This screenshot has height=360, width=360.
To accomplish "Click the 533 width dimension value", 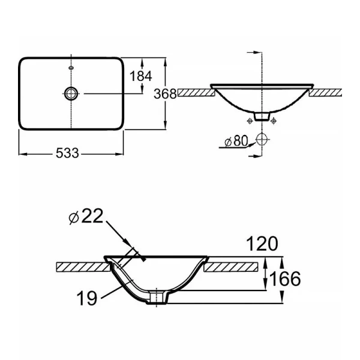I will point(68,154).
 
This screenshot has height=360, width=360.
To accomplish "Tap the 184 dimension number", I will point(142,76).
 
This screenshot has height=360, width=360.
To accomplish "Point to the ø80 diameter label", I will point(235,142).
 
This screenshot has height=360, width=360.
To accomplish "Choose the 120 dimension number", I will point(261,244).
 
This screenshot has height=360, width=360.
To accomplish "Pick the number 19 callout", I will point(88,298).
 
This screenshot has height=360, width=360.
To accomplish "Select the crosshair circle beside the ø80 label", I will point(261,140).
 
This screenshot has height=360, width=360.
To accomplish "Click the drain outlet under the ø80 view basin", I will point(261,116).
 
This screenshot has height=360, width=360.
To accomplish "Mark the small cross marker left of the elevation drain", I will point(248,121).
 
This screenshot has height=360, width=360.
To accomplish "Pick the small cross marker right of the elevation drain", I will point(274,121).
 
